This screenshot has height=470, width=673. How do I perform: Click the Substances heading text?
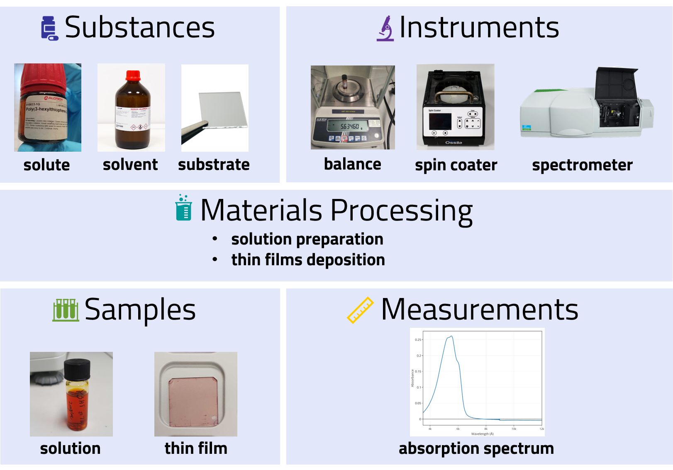(139, 27)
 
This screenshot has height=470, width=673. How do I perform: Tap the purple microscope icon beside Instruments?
(385, 29)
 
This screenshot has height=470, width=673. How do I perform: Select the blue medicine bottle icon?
(49, 29)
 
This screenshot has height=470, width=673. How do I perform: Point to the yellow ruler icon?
(360, 310)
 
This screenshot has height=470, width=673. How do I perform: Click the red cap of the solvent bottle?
(133, 75)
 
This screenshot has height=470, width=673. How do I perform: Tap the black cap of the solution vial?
(77, 369)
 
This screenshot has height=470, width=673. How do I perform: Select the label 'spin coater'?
(456, 165)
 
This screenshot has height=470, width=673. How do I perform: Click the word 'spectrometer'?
(582, 165)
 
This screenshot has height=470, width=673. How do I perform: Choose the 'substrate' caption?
(214, 165)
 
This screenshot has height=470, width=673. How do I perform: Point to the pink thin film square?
(193, 401)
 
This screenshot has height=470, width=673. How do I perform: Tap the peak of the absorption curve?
(451, 337)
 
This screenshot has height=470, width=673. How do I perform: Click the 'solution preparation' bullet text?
(307, 239)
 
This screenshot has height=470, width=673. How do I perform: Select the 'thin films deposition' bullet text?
(308, 260)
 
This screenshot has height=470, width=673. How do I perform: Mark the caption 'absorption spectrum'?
(476, 448)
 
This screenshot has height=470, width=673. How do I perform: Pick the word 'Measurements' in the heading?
(479, 310)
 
